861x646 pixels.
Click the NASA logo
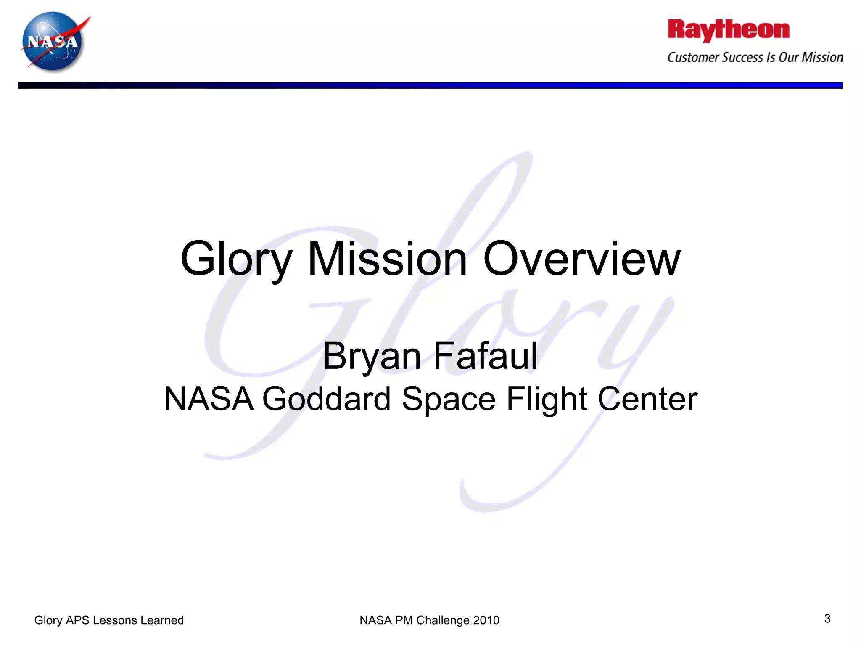[x=53, y=42]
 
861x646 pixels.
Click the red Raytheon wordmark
[x=729, y=30]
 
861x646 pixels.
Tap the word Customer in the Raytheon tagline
[x=694, y=57]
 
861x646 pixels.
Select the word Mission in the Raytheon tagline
[x=822, y=57]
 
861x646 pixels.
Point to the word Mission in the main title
[x=387, y=259]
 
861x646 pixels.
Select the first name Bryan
[x=372, y=357]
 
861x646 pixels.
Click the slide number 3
[x=827, y=619]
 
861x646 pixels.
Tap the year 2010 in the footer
[x=486, y=620]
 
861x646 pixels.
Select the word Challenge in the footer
[x=443, y=620]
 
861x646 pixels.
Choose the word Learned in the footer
[x=162, y=620]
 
